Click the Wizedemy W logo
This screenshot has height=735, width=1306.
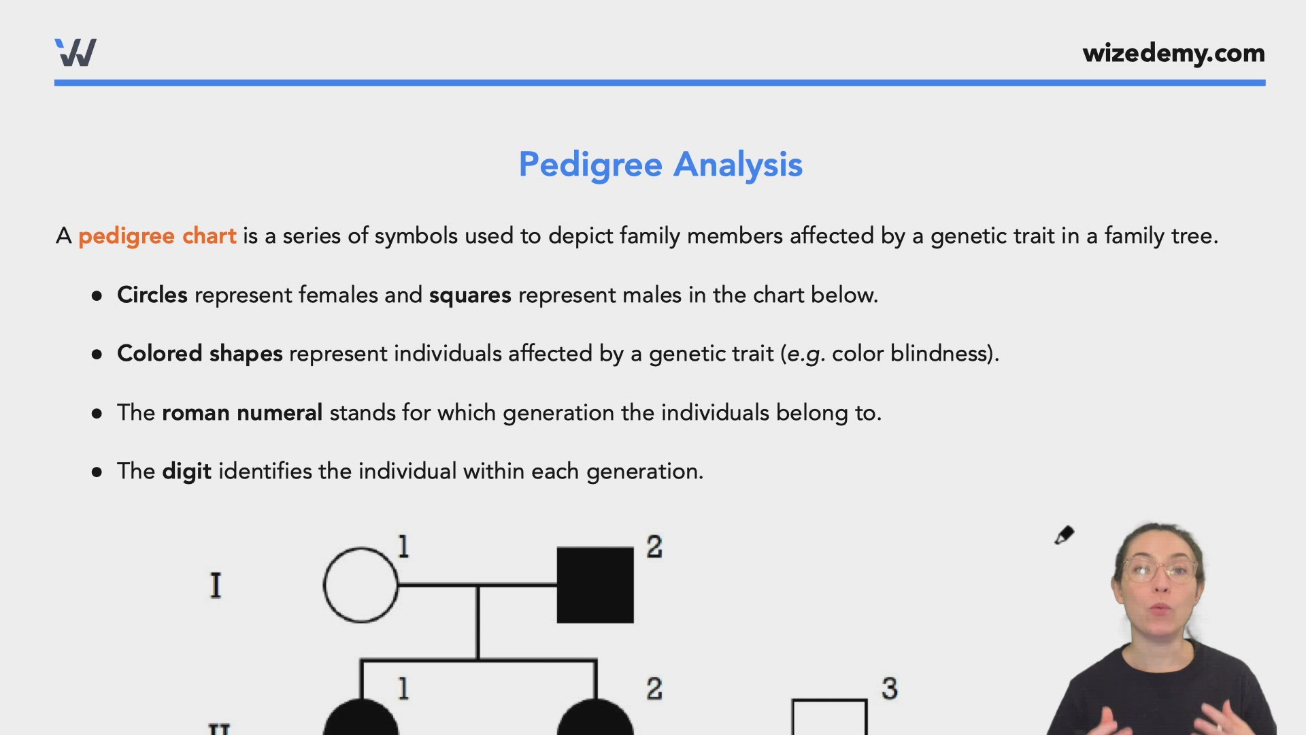76,52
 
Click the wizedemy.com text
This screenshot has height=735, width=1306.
1173,53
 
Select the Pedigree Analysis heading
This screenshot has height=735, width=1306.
660,165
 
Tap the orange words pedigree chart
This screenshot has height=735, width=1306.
157,236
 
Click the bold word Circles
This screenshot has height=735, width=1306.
152,295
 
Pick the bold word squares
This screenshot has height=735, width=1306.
470,295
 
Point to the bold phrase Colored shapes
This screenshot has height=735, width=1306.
200,354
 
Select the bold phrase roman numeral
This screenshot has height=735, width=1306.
242,412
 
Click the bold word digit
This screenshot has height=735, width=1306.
187,472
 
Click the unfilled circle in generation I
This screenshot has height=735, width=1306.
361,585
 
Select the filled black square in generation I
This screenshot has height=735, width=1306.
595,585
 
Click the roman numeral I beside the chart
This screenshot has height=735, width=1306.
216,585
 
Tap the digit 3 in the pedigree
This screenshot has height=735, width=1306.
890,689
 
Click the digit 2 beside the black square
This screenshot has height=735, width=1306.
654,547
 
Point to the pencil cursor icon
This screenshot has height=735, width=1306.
1064,536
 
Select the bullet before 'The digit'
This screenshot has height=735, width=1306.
97,472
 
